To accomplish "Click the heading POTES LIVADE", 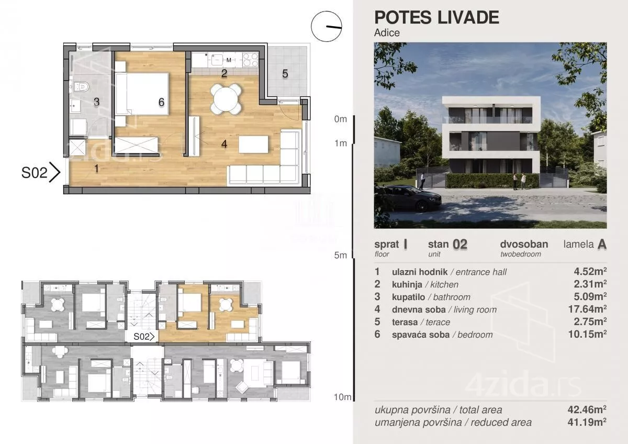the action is pos(436,17).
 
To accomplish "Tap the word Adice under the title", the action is pos(387,33).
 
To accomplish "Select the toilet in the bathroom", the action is pos(82,87).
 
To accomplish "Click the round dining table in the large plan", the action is pos(226,99).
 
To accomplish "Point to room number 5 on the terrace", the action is pos(285,74).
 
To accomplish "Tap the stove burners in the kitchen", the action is pos(250,60).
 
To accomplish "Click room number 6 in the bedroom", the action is pos(161,102).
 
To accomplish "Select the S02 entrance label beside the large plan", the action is pos(35,172).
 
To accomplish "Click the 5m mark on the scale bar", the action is pos(340,255).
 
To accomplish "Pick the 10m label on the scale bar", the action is pos(342,397).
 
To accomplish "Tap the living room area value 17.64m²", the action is pos(587,309).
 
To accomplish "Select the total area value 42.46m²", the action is pos(587,409).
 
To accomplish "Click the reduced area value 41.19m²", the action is pos(587,422).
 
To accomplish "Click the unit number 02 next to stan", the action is pos(460,245).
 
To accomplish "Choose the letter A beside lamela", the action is pos(602,245).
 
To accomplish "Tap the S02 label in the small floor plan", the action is pos(141,337).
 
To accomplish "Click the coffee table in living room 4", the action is pos(253,145).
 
